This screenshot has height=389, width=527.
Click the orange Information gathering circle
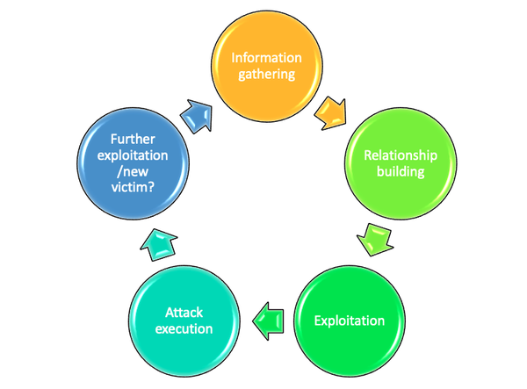click(x=267, y=66)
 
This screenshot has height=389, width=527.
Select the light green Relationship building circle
click(x=401, y=163)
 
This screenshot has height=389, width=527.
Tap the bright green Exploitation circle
click(x=350, y=321)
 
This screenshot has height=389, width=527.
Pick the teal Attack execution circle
click(x=184, y=321)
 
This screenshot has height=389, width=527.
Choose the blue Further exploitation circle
click(x=134, y=163)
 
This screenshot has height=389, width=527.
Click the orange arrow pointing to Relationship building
click(x=331, y=113)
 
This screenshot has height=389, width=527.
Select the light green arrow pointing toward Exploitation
click(x=375, y=240)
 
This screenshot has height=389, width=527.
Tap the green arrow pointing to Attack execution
click(x=268, y=321)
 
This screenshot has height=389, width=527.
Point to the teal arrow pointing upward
click(x=159, y=245)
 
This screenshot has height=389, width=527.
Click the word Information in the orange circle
click(x=266, y=58)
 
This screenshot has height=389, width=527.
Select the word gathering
click(x=267, y=75)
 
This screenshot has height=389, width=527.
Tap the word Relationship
click(x=401, y=155)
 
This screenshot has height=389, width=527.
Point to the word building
click(x=401, y=171)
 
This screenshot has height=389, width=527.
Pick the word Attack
click(x=184, y=313)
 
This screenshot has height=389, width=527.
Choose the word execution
click(x=184, y=329)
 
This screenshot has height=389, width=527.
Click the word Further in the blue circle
click(x=134, y=139)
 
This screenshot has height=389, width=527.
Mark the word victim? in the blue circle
click(x=134, y=187)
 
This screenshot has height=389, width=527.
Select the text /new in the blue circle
click(x=134, y=171)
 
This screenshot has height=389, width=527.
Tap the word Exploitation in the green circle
click(x=350, y=321)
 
